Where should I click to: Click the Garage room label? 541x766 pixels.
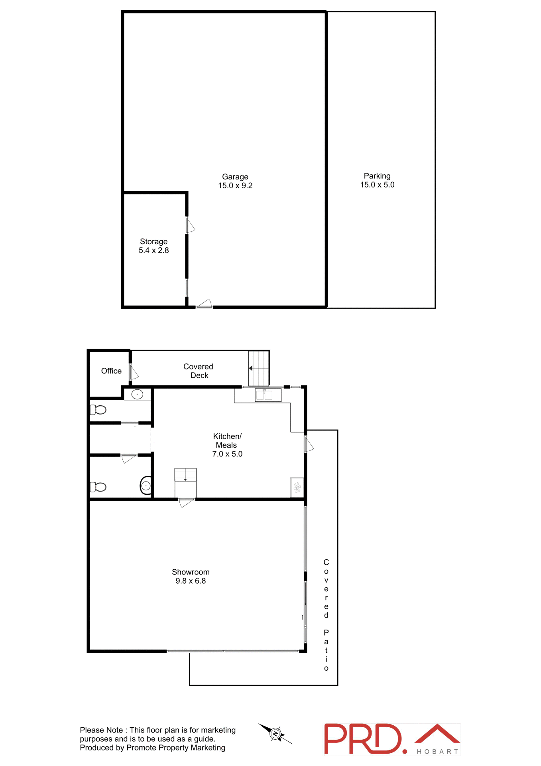tap(235, 177)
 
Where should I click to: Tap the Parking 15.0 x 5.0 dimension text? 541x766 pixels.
tap(377, 185)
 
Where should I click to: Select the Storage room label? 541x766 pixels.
tap(153, 242)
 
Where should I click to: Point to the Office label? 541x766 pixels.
tap(111, 371)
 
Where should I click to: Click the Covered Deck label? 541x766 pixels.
tap(199, 371)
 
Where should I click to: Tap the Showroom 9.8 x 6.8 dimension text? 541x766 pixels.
tap(191, 581)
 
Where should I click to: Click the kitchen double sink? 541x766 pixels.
tap(264, 395)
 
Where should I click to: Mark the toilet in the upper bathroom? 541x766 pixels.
tap(98, 410)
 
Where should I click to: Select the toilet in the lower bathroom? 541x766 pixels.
tap(98, 487)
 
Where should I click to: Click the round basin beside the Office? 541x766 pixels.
tap(137, 394)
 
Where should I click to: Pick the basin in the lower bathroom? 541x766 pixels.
tap(146, 486)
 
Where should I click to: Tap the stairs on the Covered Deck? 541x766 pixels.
tap(259, 368)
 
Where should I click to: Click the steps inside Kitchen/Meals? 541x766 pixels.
tap(185, 475)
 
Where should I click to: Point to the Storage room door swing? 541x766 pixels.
tap(190, 225)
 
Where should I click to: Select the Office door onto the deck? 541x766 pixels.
tap(134, 372)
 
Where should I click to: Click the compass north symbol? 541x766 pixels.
tap(275, 734)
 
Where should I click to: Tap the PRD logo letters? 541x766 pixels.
tap(363, 739)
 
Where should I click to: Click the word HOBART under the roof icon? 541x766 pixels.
tap(437, 752)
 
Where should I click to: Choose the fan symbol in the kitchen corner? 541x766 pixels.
tap(297, 488)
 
